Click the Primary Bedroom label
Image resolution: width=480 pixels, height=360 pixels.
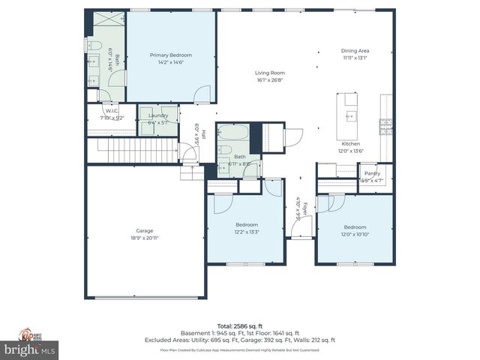tap(170, 55)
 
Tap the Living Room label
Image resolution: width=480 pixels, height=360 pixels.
tap(271, 73)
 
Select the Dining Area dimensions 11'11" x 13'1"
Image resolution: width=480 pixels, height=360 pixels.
tap(355, 58)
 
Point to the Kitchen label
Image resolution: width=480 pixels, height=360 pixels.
tap(350, 143)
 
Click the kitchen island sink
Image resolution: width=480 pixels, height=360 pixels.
tap(349, 115)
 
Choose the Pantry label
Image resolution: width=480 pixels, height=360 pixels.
tap(373, 173)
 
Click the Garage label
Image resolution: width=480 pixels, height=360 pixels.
tap(145, 230)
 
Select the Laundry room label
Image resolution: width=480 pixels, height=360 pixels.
tap(158, 115)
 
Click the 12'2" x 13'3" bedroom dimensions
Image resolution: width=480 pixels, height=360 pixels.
tap(247, 232)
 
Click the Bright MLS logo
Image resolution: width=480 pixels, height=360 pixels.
tap(30, 349)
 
